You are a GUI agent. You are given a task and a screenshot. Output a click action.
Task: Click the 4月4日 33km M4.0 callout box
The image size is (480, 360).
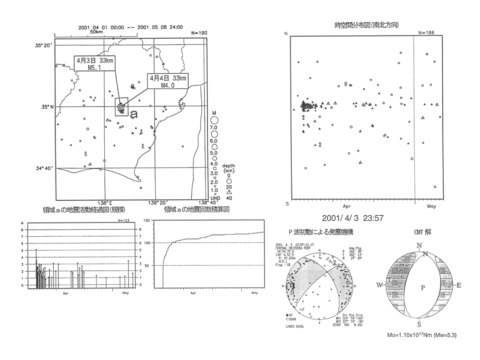pos(167,82)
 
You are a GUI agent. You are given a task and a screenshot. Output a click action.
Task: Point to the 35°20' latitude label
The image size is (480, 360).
pos(44,45)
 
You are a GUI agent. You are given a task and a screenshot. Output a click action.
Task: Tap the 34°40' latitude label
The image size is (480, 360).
pos(44,168)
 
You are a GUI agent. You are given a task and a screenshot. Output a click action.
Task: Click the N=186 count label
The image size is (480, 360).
pos(427,33)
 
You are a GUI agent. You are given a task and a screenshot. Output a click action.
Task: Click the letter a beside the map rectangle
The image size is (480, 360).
pos(133,114)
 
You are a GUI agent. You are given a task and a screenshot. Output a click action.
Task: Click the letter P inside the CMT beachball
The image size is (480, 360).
pos(423,288)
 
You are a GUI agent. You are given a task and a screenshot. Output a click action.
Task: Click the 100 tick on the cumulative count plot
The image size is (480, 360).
pos(147,243)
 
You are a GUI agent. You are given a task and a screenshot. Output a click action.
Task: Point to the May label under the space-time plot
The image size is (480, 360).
pos(432,206)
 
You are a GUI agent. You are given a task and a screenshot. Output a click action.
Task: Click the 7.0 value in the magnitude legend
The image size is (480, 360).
pos(214,128)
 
